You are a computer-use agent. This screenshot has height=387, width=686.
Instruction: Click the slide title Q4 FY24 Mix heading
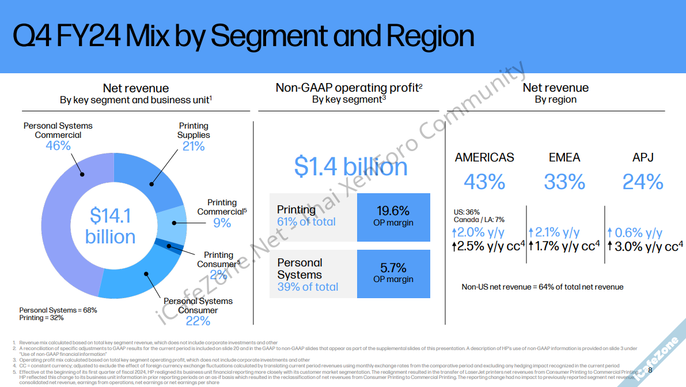point(243,36)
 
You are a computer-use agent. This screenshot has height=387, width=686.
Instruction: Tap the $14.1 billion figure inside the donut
point(110,226)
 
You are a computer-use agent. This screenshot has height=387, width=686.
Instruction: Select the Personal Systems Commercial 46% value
point(58,146)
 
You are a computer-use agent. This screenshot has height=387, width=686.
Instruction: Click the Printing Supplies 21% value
point(194,146)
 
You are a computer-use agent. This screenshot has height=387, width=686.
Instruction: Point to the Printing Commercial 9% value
point(222,223)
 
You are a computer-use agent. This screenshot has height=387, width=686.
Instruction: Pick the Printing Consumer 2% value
point(218,275)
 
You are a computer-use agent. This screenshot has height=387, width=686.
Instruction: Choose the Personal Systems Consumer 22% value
point(198,321)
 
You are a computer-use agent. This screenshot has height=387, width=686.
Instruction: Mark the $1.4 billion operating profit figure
point(351,167)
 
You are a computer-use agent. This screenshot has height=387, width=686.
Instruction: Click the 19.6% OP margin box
point(393,217)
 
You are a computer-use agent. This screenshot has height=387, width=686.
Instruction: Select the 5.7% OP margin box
point(393,273)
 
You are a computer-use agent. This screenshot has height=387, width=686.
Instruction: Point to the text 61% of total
point(306,222)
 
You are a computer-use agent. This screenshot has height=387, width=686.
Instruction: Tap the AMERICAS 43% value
point(484,182)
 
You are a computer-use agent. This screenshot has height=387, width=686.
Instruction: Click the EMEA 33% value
point(564,182)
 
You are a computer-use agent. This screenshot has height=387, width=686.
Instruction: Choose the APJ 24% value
point(643,182)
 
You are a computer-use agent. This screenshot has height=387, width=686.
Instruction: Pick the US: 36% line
point(467,212)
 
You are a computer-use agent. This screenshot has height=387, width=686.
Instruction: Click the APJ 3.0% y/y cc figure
point(645,247)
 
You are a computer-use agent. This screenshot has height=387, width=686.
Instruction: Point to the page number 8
point(650,370)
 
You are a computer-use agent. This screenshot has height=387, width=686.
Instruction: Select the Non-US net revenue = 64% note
point(542,287)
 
